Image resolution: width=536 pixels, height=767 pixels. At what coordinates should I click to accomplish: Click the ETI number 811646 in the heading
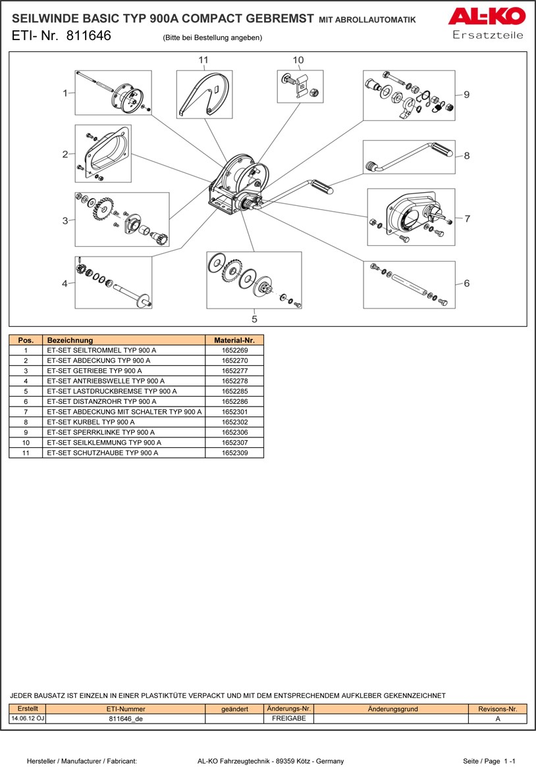[x=89, y=36]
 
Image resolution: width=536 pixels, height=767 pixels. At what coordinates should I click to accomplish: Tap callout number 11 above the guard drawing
[x=203, y=60]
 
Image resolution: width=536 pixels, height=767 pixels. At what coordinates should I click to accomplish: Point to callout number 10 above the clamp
[x=298, y=60]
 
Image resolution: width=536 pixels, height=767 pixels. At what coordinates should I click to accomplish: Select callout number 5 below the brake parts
[x=254, y=319]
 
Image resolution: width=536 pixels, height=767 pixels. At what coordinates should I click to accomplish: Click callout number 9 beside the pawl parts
[x=466, y=95]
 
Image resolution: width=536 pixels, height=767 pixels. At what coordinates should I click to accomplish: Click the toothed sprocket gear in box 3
[x=100, y=211]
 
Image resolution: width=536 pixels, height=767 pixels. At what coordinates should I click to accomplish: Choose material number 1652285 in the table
[x=234, y=391]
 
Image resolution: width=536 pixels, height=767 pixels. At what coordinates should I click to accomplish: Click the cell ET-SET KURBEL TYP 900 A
[x=91, y=422]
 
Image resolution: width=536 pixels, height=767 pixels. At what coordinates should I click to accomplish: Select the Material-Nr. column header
[x=234, y=341]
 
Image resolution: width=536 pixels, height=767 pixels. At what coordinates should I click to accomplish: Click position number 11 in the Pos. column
[x=26, y=453]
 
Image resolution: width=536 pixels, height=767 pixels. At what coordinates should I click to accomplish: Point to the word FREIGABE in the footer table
[x=288, y=719]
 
